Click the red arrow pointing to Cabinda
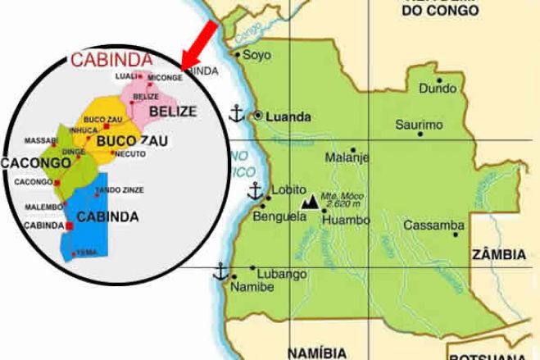coord(199,43)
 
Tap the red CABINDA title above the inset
coord(111,59)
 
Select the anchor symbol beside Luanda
coord(236,114)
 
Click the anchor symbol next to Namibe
coord(220,271)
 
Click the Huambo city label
coord(343,219)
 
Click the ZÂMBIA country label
coord(498,255)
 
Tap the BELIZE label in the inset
coord(171,110)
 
